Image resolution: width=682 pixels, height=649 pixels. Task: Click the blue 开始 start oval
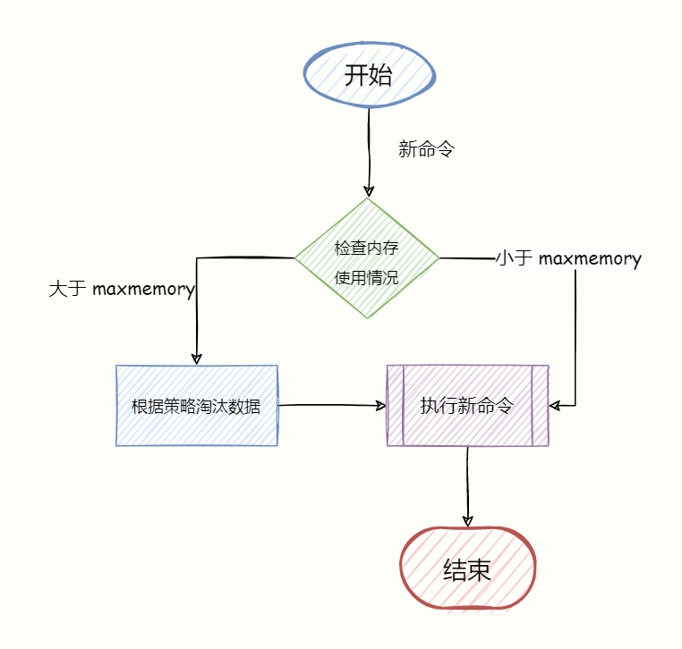pos(369,75)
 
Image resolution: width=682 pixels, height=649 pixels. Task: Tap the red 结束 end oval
pos(466,569)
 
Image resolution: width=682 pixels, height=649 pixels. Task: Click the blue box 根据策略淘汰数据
pos(196,406)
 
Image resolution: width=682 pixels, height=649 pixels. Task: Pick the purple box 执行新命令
pos(467,405)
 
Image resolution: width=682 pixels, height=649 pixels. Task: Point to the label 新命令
pos(426,149)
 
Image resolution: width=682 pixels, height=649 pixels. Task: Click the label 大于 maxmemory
pos(122,289)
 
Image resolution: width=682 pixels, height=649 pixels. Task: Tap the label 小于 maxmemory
pos(568,259)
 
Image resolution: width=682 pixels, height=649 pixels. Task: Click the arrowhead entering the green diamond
pos(368,191)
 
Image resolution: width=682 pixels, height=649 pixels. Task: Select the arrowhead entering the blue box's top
pos(196,358)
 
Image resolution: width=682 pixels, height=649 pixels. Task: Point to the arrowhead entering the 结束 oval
pos(466,521)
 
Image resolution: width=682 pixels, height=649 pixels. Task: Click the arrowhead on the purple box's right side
pos(555,406)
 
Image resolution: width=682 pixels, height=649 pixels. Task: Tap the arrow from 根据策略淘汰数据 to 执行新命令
pos(331,405)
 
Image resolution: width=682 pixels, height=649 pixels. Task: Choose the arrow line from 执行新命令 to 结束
pos(467,483)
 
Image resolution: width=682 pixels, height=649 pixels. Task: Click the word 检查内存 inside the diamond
pos(367,249)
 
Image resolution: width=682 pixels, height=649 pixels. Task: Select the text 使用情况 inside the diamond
pos(367,277)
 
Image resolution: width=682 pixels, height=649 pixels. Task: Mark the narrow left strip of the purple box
pos(396,405)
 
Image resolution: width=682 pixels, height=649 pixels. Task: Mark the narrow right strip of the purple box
pos(540,405)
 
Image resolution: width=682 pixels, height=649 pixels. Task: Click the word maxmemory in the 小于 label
pos(590,259)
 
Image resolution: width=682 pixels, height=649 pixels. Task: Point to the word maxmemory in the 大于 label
pos(144,289)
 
